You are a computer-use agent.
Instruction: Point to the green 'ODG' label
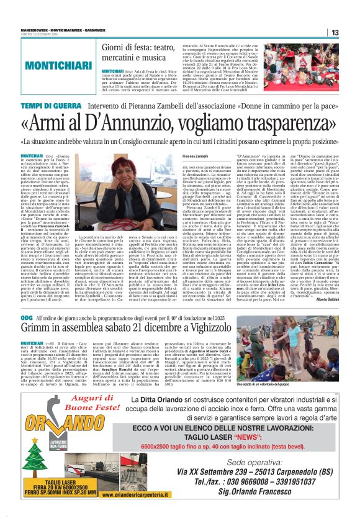(28, 317)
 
